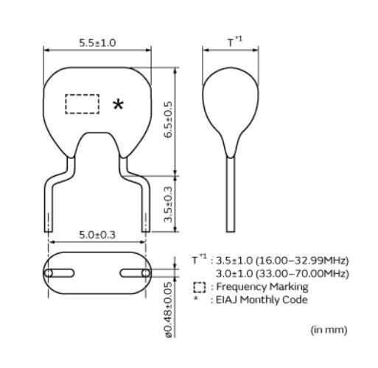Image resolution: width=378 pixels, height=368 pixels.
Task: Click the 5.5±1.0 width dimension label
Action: click(97, 43)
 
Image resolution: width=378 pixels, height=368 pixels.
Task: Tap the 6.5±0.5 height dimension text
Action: click(168, 119)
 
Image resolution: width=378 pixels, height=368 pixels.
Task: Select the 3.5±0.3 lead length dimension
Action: click(168, 205)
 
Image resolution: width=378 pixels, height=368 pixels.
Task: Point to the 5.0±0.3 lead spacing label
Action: click(97, 235)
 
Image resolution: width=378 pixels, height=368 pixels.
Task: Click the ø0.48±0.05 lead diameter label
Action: click(169, 310)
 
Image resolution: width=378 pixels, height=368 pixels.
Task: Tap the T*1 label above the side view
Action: click(235, 42)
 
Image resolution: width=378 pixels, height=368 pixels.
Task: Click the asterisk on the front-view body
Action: click(118, 105)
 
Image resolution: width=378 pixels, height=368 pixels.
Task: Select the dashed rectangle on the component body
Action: click(83, 104)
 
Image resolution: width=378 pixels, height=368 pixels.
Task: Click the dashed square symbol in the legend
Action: click(200, 287)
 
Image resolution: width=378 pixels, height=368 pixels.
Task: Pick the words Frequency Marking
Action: click(262, 287)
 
